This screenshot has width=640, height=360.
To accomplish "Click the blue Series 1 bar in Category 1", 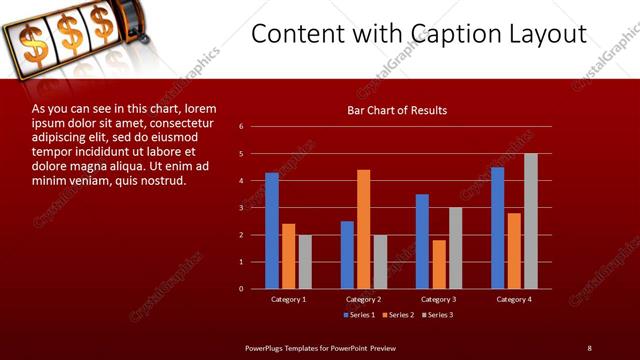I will click(x=272, y=231).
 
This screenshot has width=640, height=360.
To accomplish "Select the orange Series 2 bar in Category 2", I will click(x=363, y=229).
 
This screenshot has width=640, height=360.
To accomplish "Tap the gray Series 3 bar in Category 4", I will click(x=530, y=221).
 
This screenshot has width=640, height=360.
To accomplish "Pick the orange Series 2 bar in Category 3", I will click(x=438, y=264).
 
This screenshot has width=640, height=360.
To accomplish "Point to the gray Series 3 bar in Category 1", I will click(x=305, y=262).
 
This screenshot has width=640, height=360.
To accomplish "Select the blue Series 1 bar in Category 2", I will click(x=347, y=255).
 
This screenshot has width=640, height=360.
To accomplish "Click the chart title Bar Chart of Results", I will click(x=397, y=110).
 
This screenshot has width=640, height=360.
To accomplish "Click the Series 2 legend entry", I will click(x=397, y=316).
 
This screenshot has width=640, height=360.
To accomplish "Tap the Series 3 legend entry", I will click(x=436, y=316).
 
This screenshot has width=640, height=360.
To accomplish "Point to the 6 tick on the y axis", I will click(x=241, y=127).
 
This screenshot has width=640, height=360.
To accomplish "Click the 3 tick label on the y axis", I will click(x=241, y=208).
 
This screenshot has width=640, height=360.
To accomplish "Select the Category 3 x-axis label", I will click(x=437, y=299).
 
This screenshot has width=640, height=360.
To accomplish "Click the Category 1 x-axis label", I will click(x=289, y=299).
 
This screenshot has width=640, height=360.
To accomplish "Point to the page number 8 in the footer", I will click(x=589, y=347).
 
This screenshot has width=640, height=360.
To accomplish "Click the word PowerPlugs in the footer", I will click(x=266, y=347).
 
